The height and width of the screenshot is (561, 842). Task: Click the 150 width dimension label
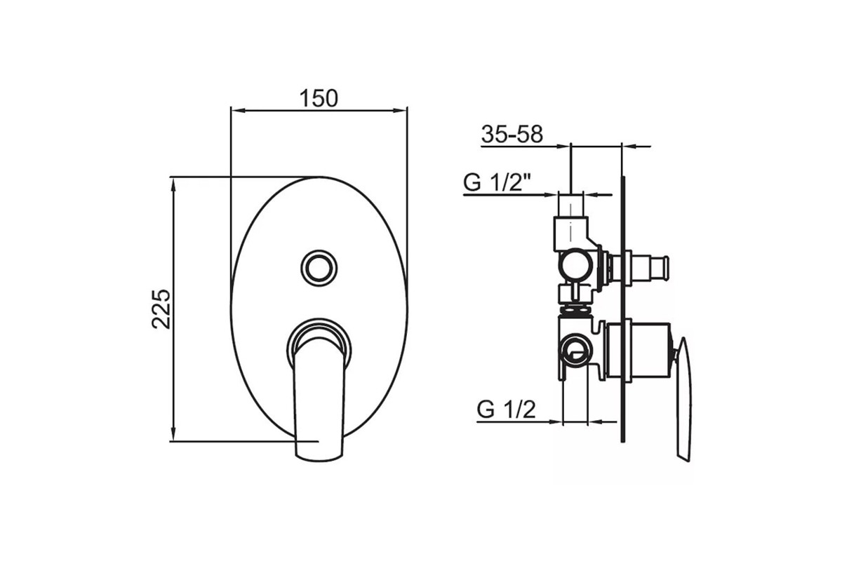tap(319, 98)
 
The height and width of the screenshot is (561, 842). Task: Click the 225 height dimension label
tap(161, 309)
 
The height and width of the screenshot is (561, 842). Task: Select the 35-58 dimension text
tap(512, 134)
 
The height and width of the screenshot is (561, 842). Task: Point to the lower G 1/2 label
tap(506, 410)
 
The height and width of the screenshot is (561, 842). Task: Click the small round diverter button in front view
tap(319, 269)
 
